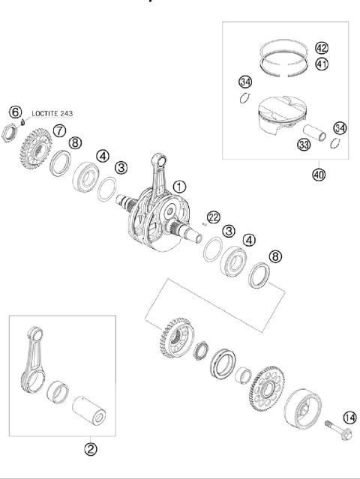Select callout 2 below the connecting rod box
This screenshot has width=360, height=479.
pyautogui.click(x=90, y=450)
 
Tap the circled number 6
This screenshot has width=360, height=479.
pyautogui.click(x=14, y=112)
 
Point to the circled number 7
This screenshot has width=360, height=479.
pyautogui.click(x=58, y=130)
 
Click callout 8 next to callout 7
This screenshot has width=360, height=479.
pyautogui.click(x=75, y=142)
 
